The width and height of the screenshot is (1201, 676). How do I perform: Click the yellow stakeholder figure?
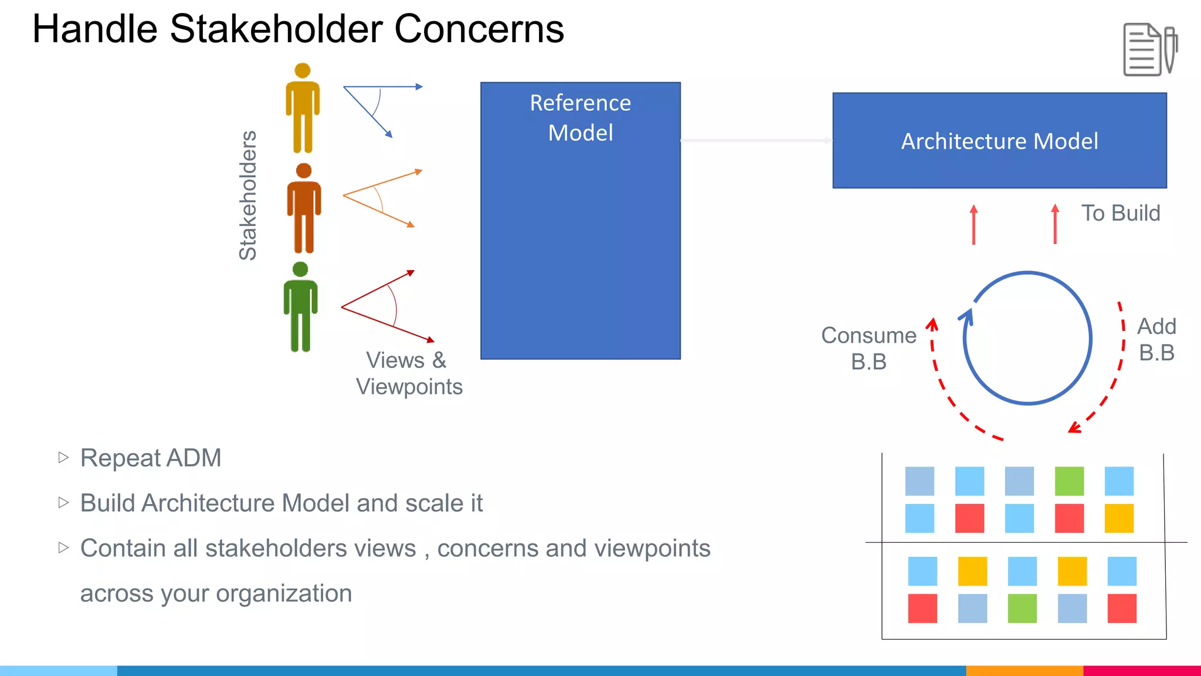pyautogui.click(x=303, y=109)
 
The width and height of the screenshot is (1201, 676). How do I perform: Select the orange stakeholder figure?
pyautogui.click(x=304, y=209)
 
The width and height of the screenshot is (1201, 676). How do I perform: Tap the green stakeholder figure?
pyautogui.click(x=301, y=307)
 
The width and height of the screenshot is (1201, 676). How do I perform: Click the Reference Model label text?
pyautogui.click(x=581, y=117)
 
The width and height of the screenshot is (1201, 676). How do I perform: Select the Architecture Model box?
pyautogui.click(x=999, y=141)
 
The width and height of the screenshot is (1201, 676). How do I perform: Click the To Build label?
pyautogui.click(x=1121, y=213)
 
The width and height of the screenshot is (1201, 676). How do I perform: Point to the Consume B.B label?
pyautogui.click(x=868, y=348)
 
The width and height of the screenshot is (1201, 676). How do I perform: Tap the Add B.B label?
pyautogui.click(x=1156, y=339)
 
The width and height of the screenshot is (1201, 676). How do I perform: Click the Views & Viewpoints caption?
pyautogui.click(x=409, y=373)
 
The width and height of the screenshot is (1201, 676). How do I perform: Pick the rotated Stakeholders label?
pyautogui.click(x=248, y=195)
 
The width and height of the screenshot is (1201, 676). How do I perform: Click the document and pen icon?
pyautogui.click(x=1149, y=50)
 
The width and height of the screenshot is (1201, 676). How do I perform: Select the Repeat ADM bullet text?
pyautogui.click(x=151, y=458)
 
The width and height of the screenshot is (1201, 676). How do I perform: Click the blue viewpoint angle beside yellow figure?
pyautogui.click(x=375, y=106)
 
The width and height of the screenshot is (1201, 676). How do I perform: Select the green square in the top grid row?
pyautogui.click(x=1069, y=481)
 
